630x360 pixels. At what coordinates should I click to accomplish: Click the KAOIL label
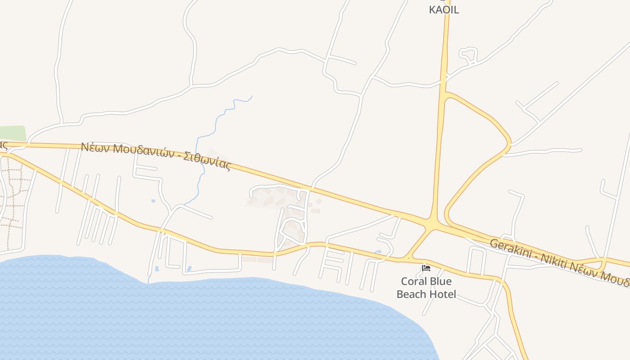pos(444,10)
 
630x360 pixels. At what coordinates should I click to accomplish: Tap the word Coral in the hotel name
pos(414,282)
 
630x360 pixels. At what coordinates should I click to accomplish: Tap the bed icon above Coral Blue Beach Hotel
pos(426,269)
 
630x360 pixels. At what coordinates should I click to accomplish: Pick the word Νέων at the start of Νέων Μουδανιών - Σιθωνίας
pos(95,147)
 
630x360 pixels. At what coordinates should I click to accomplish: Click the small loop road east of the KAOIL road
pos(468,54)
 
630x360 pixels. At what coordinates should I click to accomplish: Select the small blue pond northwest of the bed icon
pos(378,252)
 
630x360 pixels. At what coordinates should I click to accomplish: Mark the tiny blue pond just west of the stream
pos(153,201)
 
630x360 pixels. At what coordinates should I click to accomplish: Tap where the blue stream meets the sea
pos(148,283)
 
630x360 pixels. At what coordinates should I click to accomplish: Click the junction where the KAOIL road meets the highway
pos(432,223)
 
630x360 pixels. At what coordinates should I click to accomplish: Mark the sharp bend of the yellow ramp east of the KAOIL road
pos(509,144)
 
